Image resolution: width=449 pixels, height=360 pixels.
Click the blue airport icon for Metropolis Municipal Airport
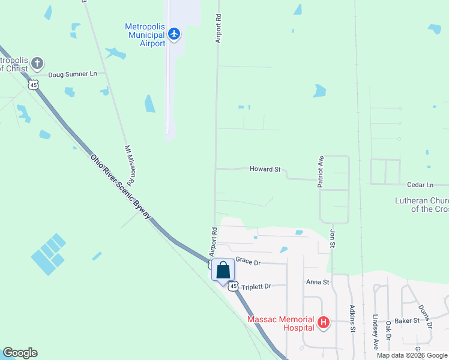tap(174, 34)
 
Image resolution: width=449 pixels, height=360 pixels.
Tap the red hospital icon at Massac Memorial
tap(324, 323)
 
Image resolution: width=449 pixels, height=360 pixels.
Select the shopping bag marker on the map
tap(223, 271)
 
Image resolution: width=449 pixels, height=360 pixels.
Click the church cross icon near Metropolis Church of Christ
tap(37, 63)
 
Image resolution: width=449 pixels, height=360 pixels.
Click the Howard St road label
tap(265, 170)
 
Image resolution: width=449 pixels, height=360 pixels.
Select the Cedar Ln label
tap(420, 185)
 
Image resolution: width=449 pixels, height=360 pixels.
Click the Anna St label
tap(318, 282)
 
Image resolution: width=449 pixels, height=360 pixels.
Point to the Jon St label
tap(332, 238)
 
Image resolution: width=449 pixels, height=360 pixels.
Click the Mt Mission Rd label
tap(129, 164)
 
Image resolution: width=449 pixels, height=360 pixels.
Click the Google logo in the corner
tap(20, 353)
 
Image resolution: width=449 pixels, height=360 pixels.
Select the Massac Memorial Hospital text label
tap(281, 323)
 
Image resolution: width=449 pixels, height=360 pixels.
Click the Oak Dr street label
tap(389, 330)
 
